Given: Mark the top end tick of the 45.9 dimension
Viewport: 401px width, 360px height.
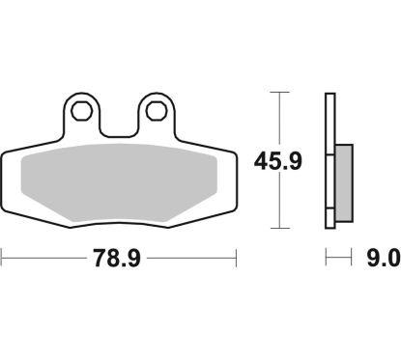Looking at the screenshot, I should [x=278, y=93].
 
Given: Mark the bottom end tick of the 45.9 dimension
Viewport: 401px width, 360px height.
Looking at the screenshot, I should [x=278, y=229].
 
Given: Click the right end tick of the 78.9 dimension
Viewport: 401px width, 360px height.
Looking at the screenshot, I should [x=237, y=258].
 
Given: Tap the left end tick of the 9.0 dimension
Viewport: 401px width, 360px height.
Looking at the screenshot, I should [x=326, y=258].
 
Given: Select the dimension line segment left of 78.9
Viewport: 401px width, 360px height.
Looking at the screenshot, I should [x=48, y=258].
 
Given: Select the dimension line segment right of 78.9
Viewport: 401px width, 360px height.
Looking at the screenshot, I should [x=193, y=258].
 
